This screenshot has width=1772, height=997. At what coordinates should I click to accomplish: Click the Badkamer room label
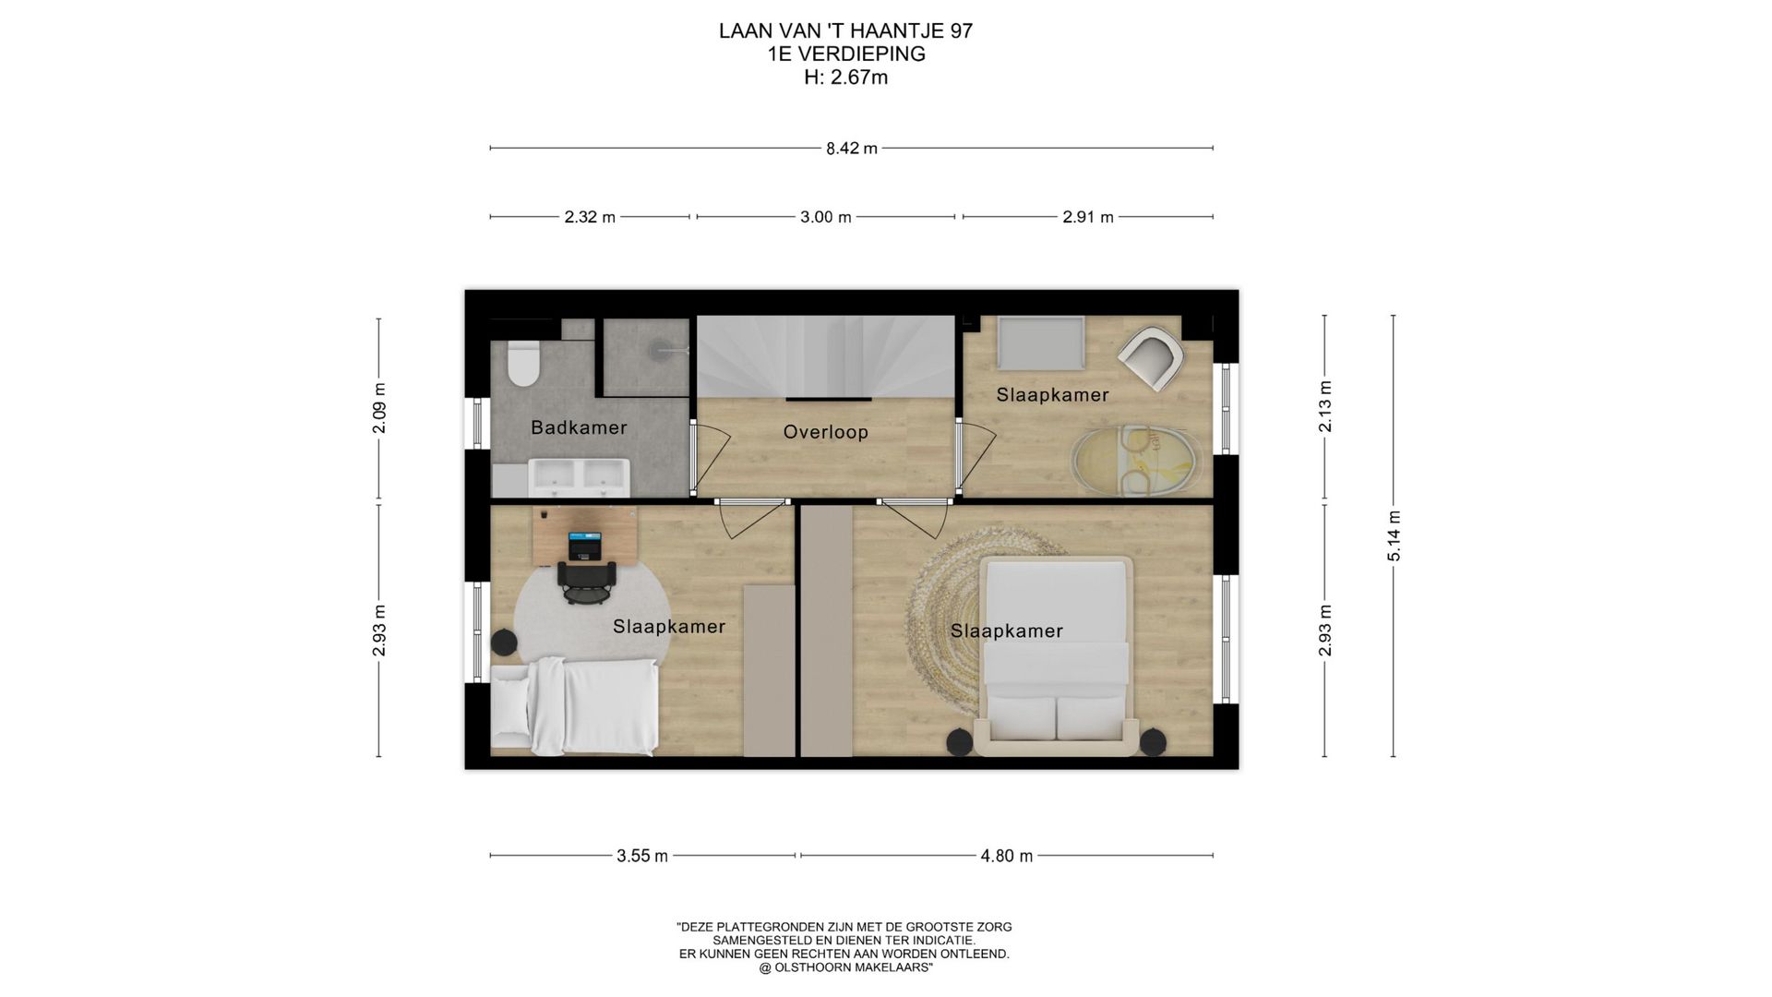tap(579, 427)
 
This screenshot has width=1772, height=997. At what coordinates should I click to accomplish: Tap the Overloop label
tap(826, 432)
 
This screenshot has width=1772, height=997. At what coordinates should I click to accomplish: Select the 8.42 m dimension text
tap(852, 148)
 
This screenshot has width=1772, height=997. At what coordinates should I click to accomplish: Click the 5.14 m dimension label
tap(1395, 535)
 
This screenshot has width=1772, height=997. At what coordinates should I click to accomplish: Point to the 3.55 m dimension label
tap(642, 856)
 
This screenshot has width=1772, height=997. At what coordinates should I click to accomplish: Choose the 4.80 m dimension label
tap(1006, 856)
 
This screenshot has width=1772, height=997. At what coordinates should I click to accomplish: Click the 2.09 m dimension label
tap(378, 408)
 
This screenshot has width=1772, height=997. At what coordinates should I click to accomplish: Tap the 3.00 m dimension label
tap(825, 217)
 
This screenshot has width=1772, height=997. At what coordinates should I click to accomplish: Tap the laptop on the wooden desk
tap(583, 545)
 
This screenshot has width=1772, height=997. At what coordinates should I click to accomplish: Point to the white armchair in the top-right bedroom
tap(1151, 361)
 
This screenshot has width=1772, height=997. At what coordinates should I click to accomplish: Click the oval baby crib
tap(1136, 459)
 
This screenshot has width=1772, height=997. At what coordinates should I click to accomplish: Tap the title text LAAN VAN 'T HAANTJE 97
tap(845, 31)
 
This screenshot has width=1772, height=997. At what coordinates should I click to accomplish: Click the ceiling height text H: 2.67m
tap(845, 78)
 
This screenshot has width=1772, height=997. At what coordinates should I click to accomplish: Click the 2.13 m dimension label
tap(1325, 406)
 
